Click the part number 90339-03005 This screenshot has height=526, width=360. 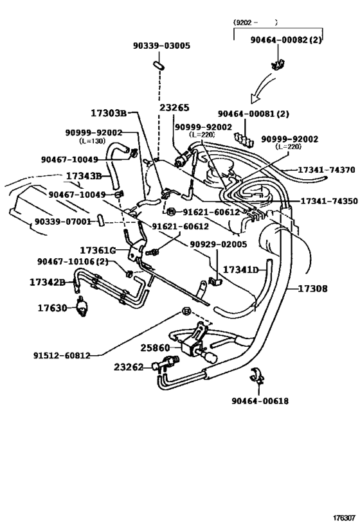coord(161,46)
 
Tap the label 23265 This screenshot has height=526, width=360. coord(174,108)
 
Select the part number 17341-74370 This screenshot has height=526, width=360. coord(327,170)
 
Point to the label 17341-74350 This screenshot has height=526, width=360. coord(329,201)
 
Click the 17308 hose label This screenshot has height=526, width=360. coord(312,288)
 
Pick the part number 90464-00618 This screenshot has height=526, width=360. coord(260,401)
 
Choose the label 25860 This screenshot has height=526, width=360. coord(155,348)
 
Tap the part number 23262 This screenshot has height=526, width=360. coord(129,367)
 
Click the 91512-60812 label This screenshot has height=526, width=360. coord(62,355)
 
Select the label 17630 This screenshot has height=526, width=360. coord(52,308)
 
